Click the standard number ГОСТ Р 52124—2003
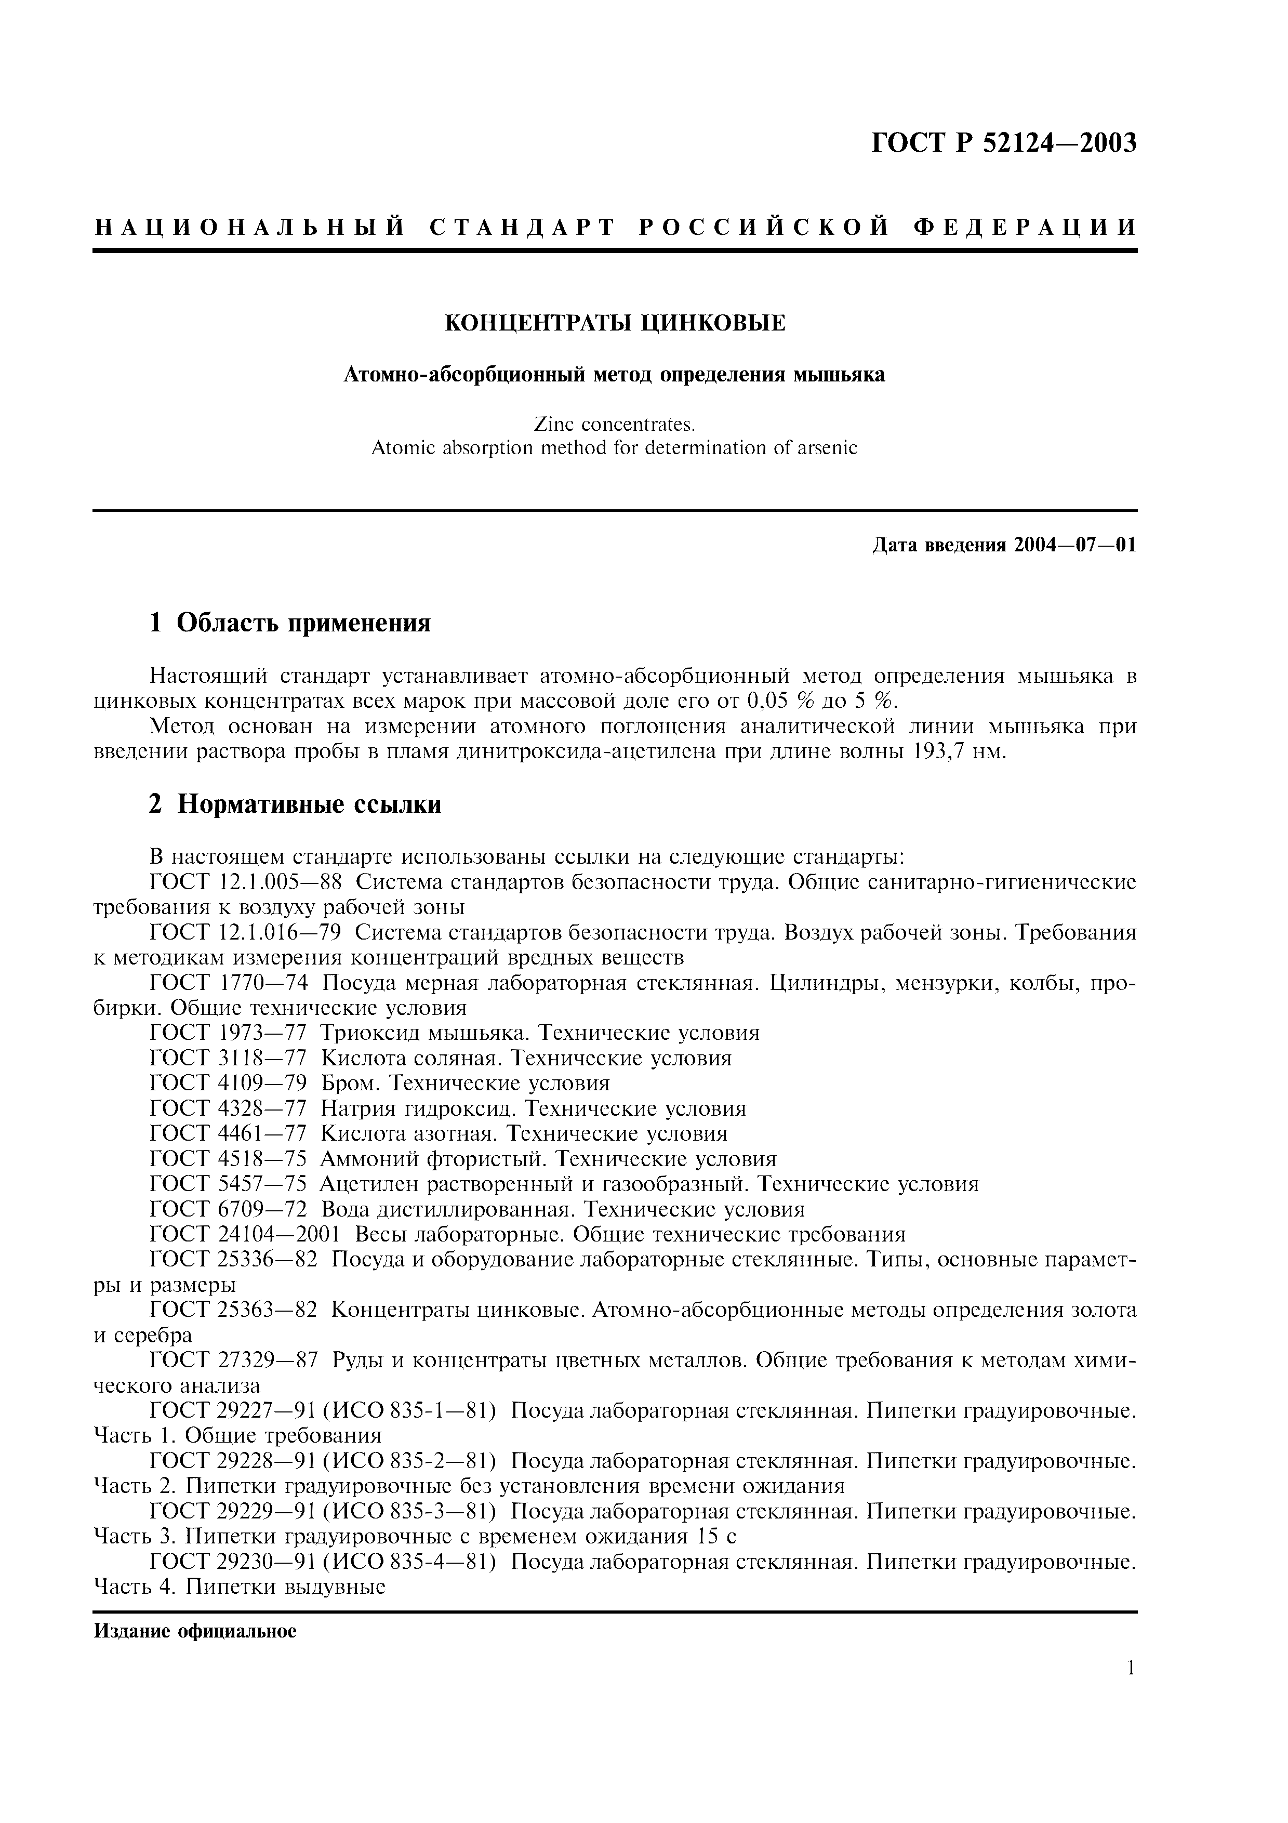pyautogui.click(x=1004, y=143)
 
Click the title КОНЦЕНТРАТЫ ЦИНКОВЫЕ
pyautogui.click(x=615, y=323)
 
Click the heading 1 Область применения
pyautogui.click(x=290, y=623)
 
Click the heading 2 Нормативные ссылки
pyautogui.click(x=295, y=804)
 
